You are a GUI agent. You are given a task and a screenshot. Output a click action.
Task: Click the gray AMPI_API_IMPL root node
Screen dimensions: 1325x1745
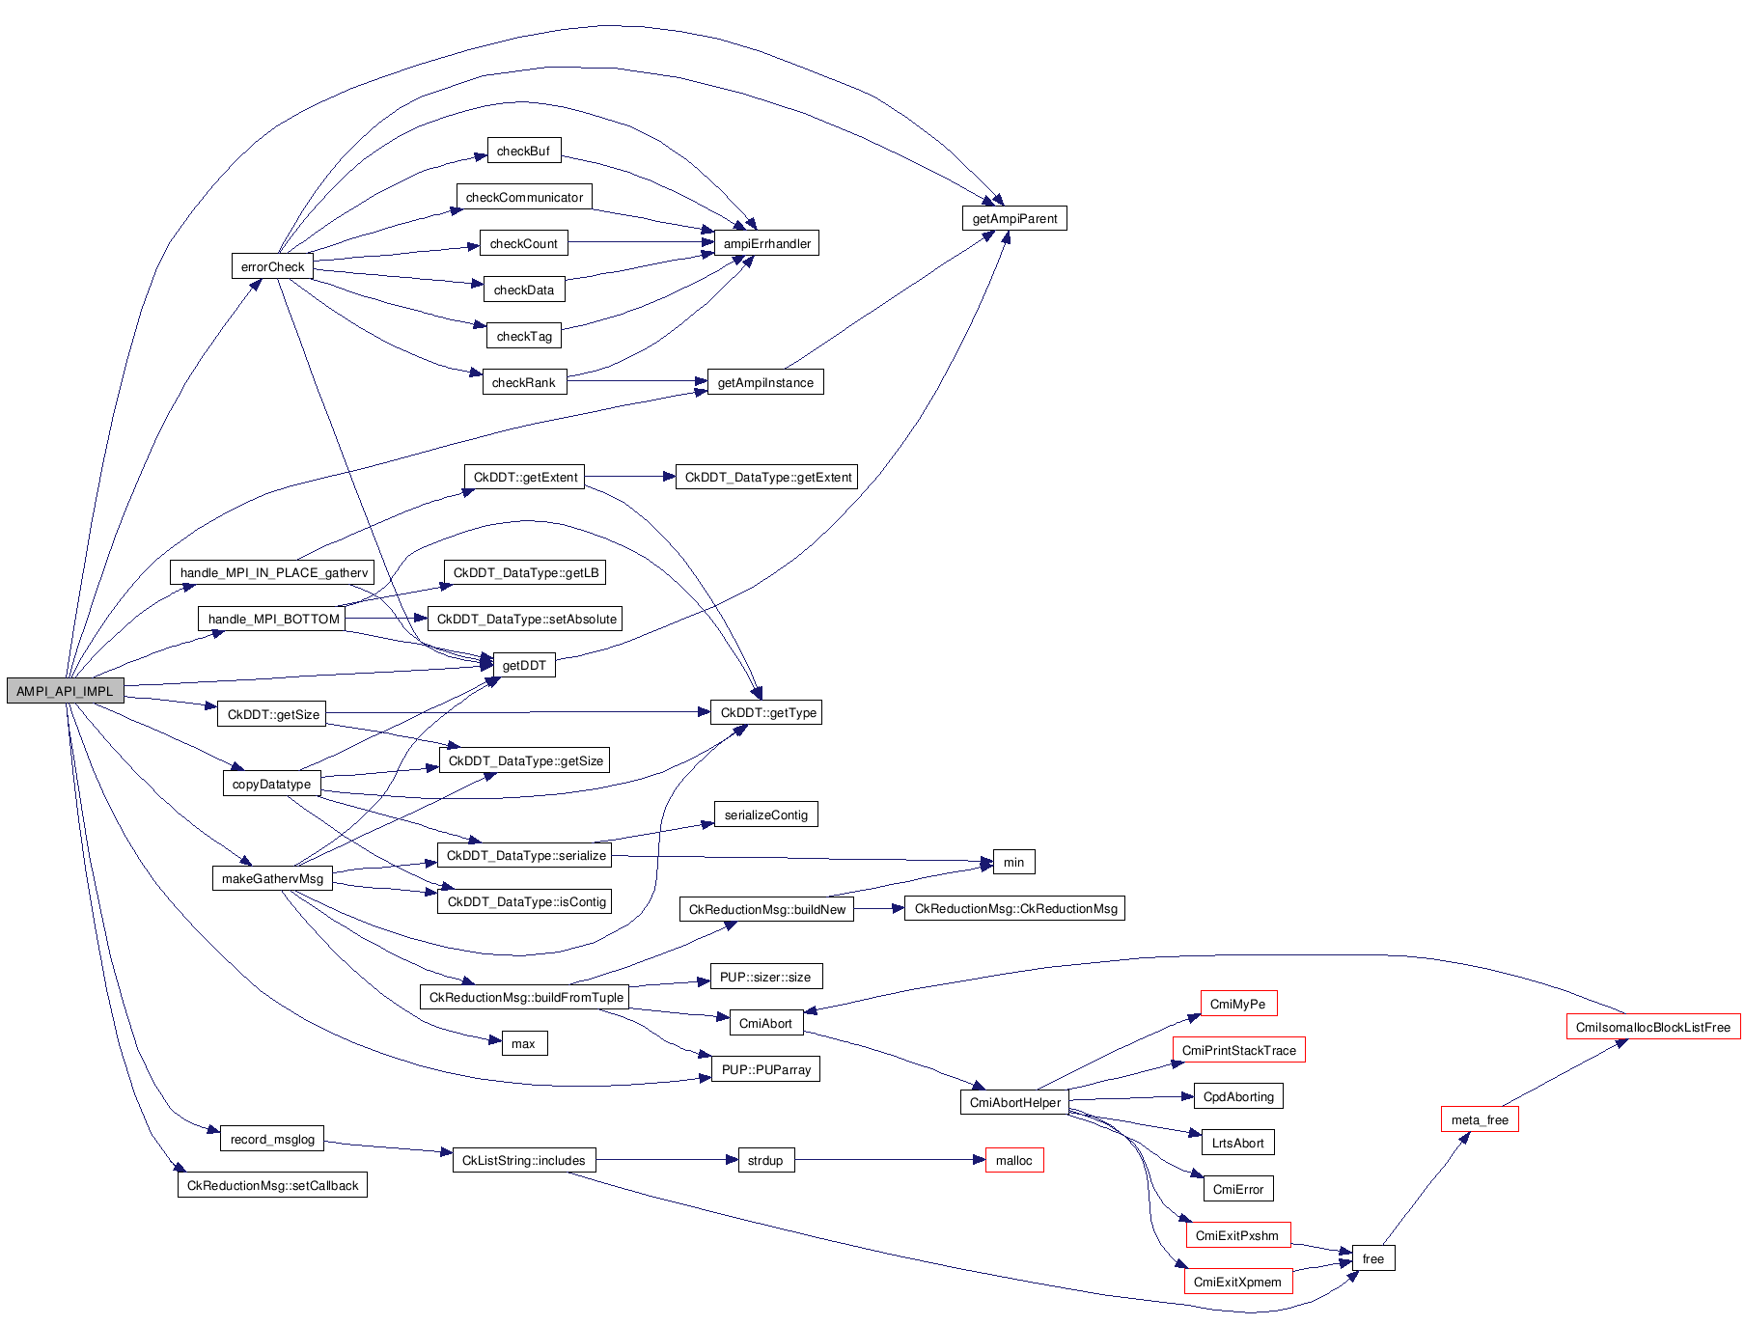click(65, 691)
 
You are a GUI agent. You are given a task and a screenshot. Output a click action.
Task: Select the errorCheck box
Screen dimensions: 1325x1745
click(272, 266)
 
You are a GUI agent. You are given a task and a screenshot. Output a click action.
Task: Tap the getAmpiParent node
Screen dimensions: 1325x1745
click(1013, 218)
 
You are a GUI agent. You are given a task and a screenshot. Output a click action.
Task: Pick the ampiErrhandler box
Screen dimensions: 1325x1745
click(766, 243)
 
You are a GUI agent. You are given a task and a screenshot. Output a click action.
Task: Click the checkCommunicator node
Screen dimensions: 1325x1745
click(524, 197)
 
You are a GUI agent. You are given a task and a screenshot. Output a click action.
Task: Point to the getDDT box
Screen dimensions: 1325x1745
click(524, 665)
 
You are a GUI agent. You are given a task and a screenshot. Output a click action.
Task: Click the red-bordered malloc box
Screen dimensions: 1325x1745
click(1013, 1160)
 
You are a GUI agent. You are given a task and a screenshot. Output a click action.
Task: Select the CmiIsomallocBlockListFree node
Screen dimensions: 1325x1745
click(1652, 1027)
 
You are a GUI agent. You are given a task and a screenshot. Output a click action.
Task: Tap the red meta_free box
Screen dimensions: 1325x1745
click(1479, 1119)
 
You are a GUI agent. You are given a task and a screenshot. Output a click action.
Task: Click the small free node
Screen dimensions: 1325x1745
click(1372, 1258)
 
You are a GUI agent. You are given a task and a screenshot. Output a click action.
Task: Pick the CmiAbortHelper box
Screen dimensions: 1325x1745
click(1014, 1102)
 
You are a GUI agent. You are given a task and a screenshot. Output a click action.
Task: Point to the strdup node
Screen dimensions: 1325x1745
click(765, 1160)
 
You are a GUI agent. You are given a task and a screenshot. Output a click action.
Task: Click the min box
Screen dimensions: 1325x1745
click(1013, 862)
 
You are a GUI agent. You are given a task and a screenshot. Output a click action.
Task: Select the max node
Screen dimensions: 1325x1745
click(523, 1043)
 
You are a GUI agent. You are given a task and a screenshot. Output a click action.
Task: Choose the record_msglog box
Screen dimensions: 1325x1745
click(272, 1139)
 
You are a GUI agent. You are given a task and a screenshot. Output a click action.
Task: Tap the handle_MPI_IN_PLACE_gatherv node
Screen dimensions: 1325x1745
click(273, 572)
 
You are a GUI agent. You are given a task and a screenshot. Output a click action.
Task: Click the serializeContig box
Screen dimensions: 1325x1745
click(765, 814)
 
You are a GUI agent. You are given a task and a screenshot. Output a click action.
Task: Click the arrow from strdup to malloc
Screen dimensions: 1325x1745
click(888, 1160)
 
